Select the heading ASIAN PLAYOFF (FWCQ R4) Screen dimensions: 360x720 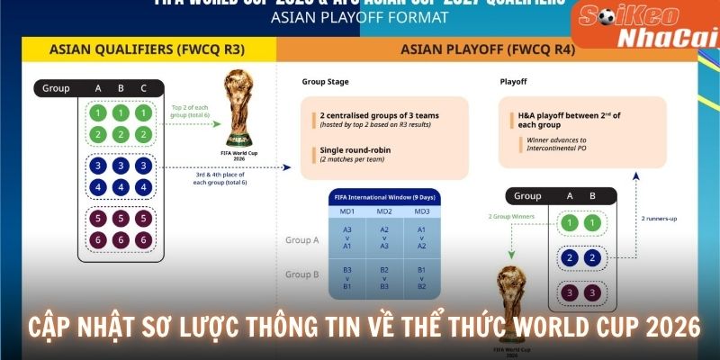point(488,49)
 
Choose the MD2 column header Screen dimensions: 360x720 point(384,211)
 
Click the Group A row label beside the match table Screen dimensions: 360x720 point(303,240)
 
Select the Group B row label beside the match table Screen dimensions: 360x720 point(303,274)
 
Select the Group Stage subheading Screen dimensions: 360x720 point(326,82)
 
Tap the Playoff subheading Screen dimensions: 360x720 point(513,82)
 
